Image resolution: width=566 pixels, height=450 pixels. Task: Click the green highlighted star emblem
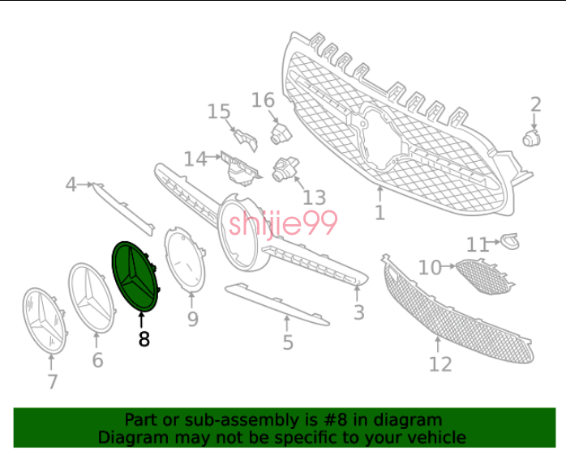tap(135, 277)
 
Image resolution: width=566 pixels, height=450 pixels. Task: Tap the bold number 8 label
tap(144, 339)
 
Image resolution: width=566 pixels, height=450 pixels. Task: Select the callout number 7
tap(53, 382)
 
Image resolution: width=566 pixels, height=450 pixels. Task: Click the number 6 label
tap(97, 360)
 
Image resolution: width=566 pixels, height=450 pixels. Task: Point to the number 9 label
tap(193, 319)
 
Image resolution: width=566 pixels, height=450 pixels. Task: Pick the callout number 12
tap(440, 364)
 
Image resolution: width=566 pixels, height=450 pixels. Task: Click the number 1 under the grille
tap(379, 213)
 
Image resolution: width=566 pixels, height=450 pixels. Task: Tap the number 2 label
tap(536, 105)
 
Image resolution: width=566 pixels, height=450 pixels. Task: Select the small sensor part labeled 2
tap(532, 138)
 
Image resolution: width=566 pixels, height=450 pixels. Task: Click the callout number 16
tap(263, 100)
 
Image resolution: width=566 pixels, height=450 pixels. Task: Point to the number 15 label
tap(219, 112)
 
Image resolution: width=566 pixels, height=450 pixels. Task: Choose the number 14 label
tap(195, 159)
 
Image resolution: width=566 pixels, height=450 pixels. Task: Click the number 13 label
tap(314, 197)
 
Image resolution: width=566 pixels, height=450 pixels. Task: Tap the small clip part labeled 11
tap(510, 241)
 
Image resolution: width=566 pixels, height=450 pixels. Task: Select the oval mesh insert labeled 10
tap(485, 276)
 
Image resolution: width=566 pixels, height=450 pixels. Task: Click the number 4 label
tap(71, 185)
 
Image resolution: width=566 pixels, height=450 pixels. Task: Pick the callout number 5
tap(288, 342)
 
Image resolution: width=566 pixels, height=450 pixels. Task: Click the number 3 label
tap(358, 312)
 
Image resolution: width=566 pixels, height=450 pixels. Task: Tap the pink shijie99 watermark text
tap(283, 223)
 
